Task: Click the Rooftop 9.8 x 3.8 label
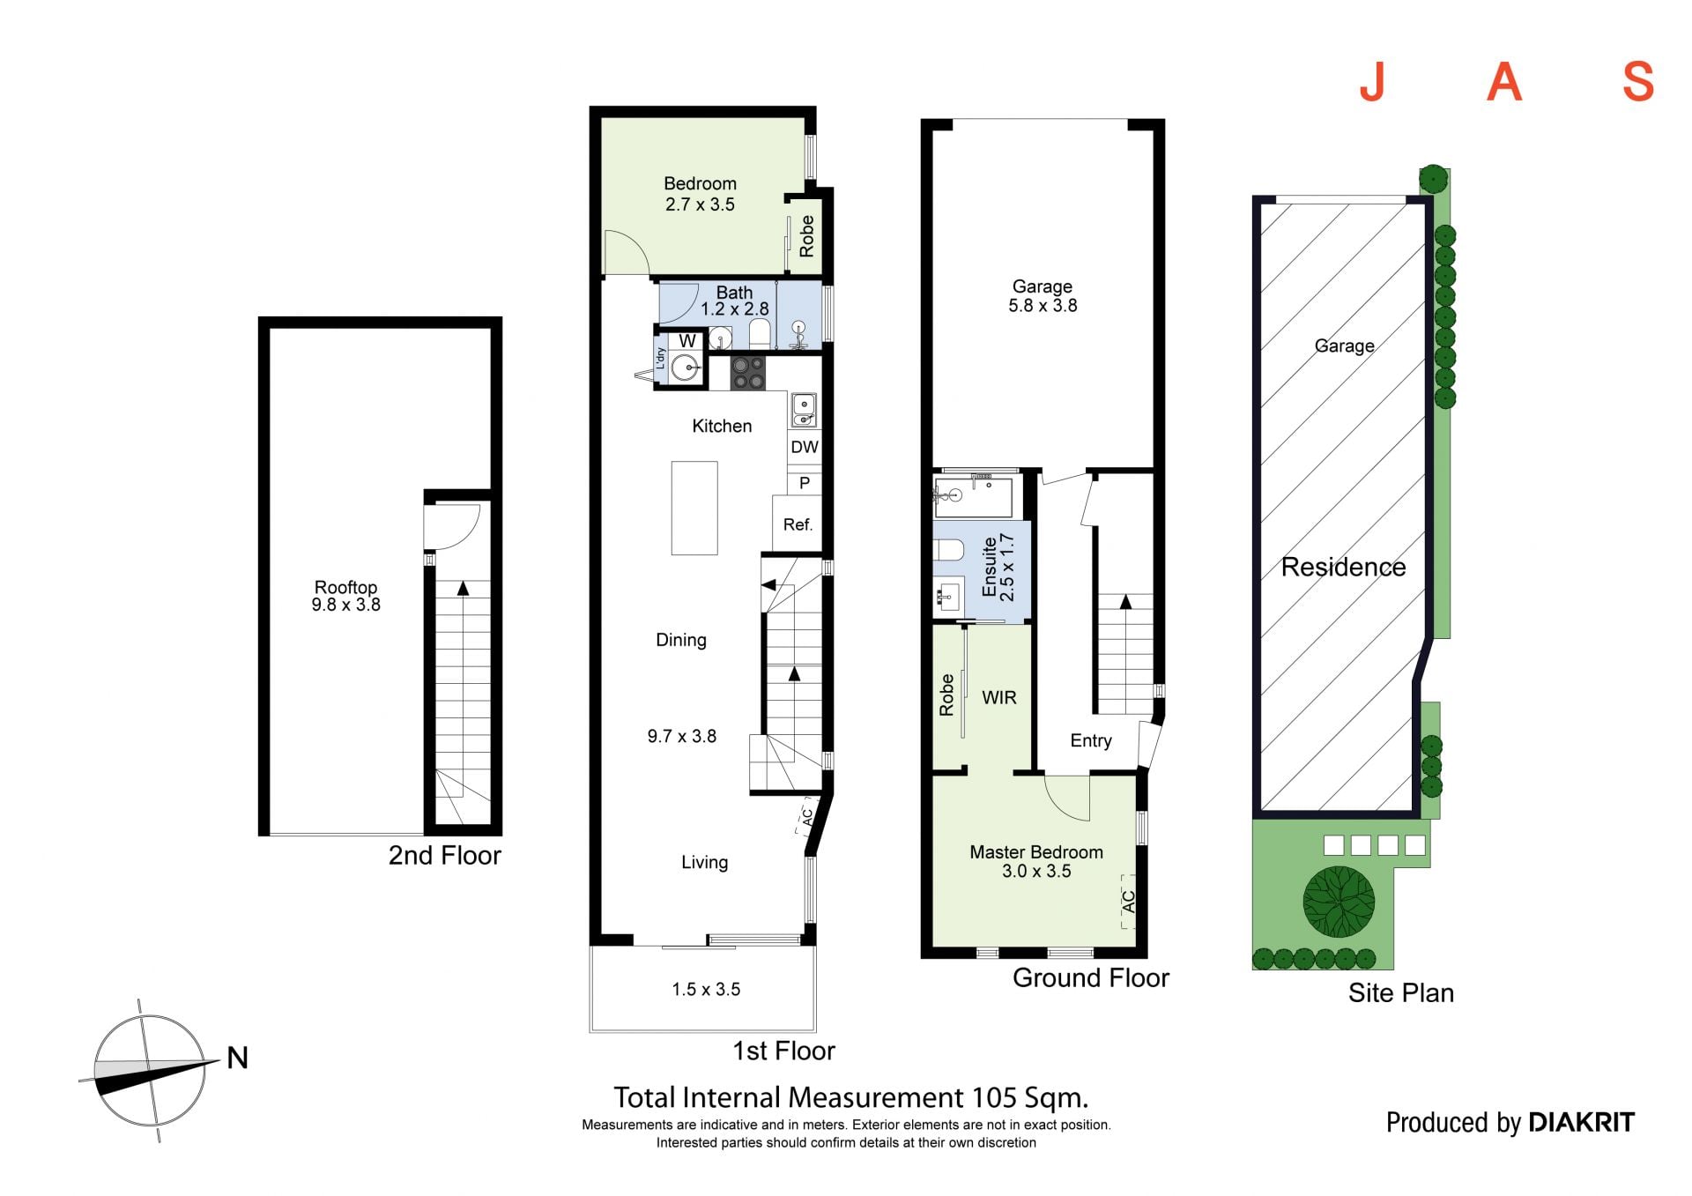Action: coord(345,596)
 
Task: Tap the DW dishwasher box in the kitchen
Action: coord(804,447)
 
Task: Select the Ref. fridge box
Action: coord(797,524)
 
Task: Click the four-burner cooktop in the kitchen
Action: coord(748,373)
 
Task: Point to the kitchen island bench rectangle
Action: coord(694,508)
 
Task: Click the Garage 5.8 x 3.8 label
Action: coord(1043,296)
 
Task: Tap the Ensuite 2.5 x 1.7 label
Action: coord(998,568)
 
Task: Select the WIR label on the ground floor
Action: coord(999,697)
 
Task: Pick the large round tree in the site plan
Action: coord(1339,902)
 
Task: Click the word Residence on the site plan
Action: coord(1343,567)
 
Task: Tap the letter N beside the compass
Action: coord(237,1058)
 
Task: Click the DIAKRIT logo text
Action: coord(1581,1122)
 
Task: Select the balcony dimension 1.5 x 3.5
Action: coord(706,989)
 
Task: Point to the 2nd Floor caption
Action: coord(445,855)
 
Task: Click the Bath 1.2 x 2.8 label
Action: coord(734,301)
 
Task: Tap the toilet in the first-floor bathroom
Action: coord(760,333)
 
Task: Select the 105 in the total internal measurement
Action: coord(995,1097)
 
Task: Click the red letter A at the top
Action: coord(1504,82)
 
